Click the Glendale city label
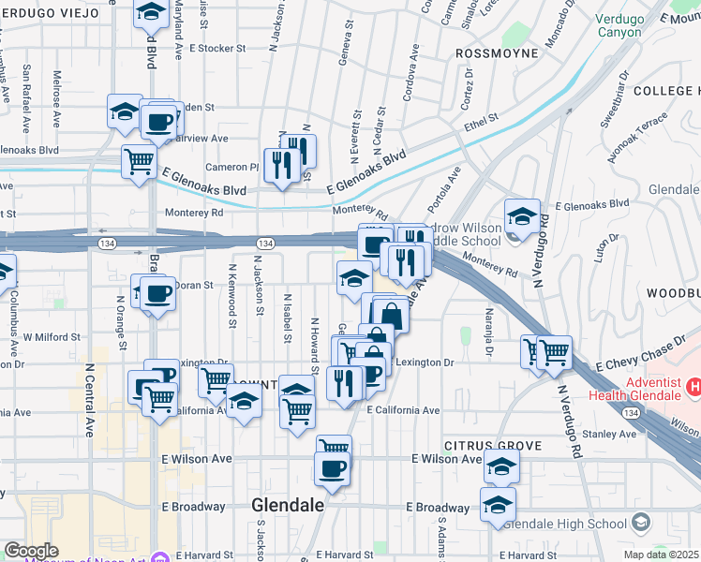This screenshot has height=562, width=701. point(288,505)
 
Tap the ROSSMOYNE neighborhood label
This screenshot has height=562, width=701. point(497,53)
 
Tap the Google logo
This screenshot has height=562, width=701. point(31,551)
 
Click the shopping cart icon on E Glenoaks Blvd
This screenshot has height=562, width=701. point(139,161)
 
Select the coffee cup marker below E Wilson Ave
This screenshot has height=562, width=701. point(332,469)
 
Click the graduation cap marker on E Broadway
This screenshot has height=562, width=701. point(498,506)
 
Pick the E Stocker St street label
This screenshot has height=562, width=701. point(216,47)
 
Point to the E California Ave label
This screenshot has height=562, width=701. point(403,410)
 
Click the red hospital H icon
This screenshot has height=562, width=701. point(694,386)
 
